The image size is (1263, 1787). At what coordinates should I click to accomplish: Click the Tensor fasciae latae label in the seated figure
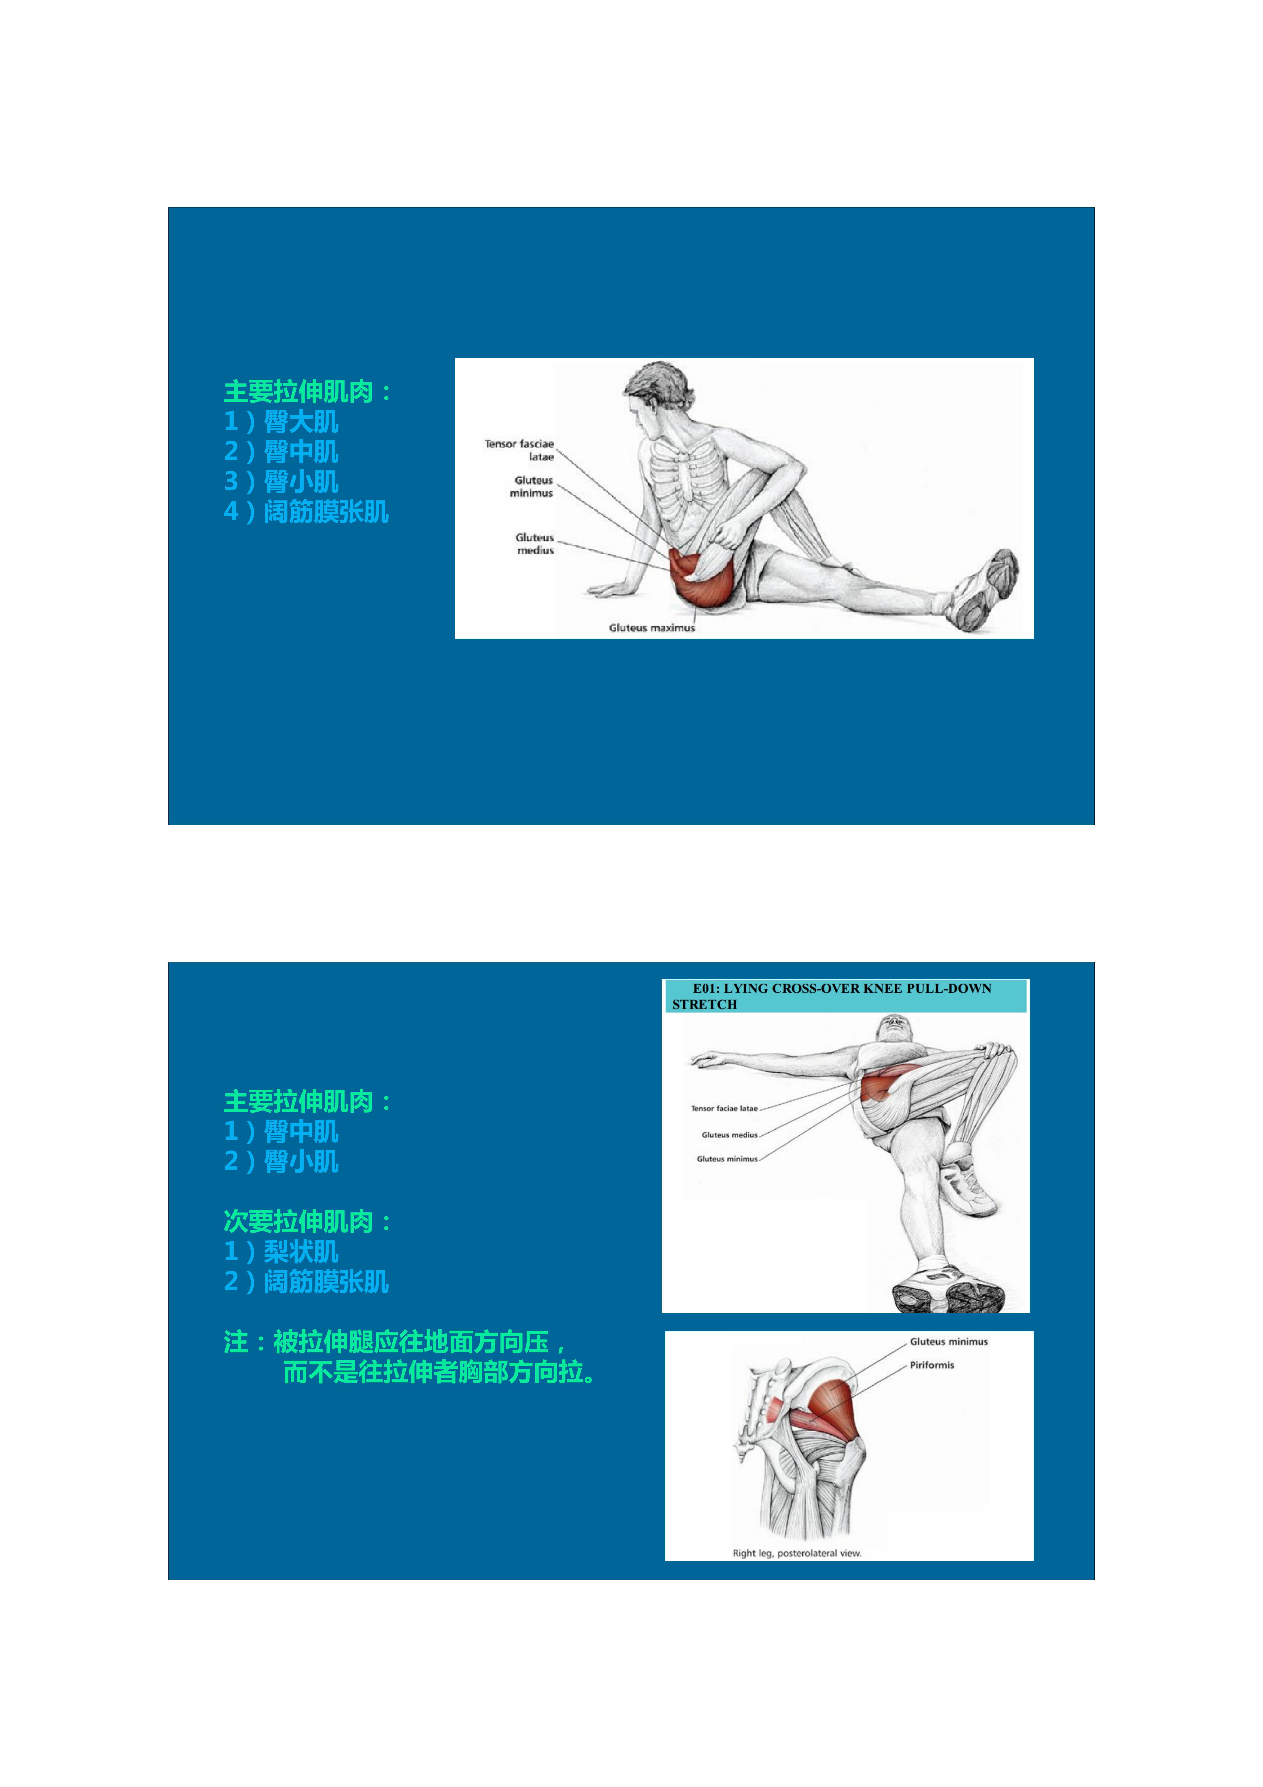coord(519,450)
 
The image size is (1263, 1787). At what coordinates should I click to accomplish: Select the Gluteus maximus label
coord(651,627)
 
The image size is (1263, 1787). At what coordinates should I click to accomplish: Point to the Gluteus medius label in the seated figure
coord(535,543)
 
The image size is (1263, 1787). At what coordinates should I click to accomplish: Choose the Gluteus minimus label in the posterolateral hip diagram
coord(949,1341)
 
